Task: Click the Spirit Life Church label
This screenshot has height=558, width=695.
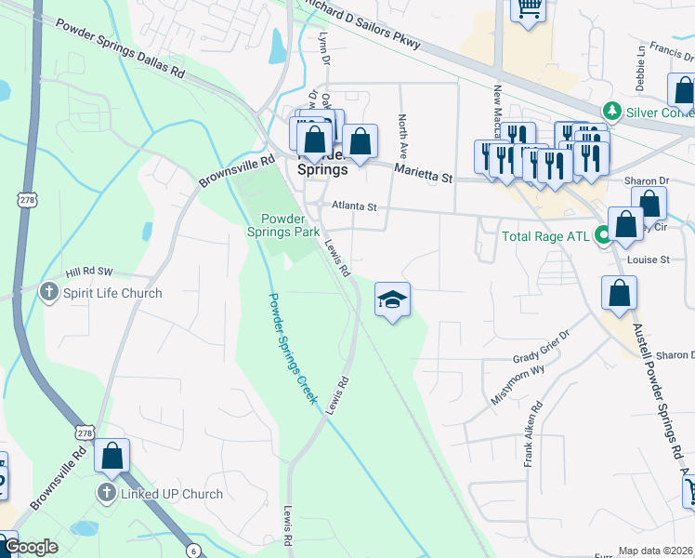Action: click(112, 293)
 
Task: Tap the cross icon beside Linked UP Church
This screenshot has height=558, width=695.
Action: click(108, 493)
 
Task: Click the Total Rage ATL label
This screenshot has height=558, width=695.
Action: click(545, 236)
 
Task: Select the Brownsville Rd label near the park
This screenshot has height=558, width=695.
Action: click(238, 172)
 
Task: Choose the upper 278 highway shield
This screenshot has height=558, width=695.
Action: click(22, 199)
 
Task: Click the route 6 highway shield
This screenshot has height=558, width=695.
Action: click(193, 551)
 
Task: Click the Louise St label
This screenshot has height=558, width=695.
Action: click(649, 259)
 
